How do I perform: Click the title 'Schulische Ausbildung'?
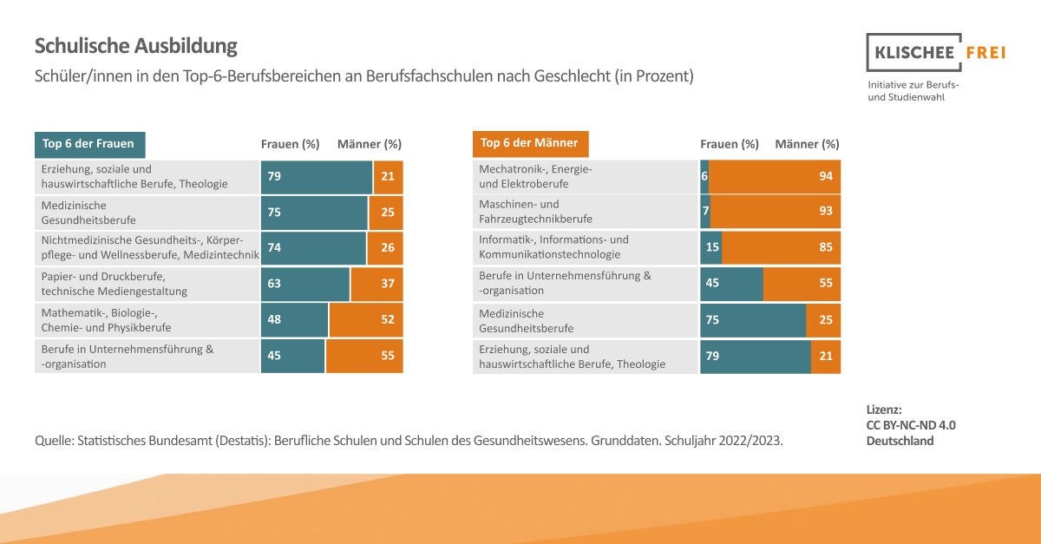(x=135, y=46)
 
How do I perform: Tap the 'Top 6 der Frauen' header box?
(x=90, y=144)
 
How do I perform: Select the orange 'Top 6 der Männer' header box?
(x=530, y=143)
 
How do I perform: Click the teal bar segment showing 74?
(x=313, y=247)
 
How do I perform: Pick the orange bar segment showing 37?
(x=376, y=284)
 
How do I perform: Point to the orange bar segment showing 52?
(x=366, y=320)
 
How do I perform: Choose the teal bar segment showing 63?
(x=305, y=284)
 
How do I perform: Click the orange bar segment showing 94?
(x=775, y=176)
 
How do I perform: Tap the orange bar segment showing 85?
(x=781, y=247)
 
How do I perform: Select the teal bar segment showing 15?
(x=711, y=247)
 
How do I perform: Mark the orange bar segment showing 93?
(x=776, y=212)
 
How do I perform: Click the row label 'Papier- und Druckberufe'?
(x=115, y=284)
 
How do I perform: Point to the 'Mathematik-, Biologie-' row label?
(x=106, y=320)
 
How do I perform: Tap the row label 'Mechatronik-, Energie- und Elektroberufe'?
(x=535, y=176)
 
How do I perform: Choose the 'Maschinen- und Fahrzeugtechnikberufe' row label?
(x=535, y=212)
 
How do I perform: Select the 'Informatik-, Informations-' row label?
(x=553, y=247)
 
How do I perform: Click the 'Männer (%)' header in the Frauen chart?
(x=370, y=144)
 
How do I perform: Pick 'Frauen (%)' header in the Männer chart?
(x=730, y=144)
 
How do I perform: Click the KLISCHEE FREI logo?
(x=936, y=53)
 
